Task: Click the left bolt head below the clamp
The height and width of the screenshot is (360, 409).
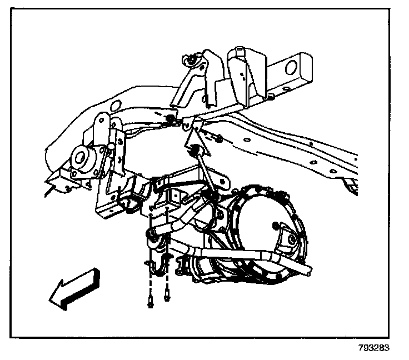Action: (x=151, y=304)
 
